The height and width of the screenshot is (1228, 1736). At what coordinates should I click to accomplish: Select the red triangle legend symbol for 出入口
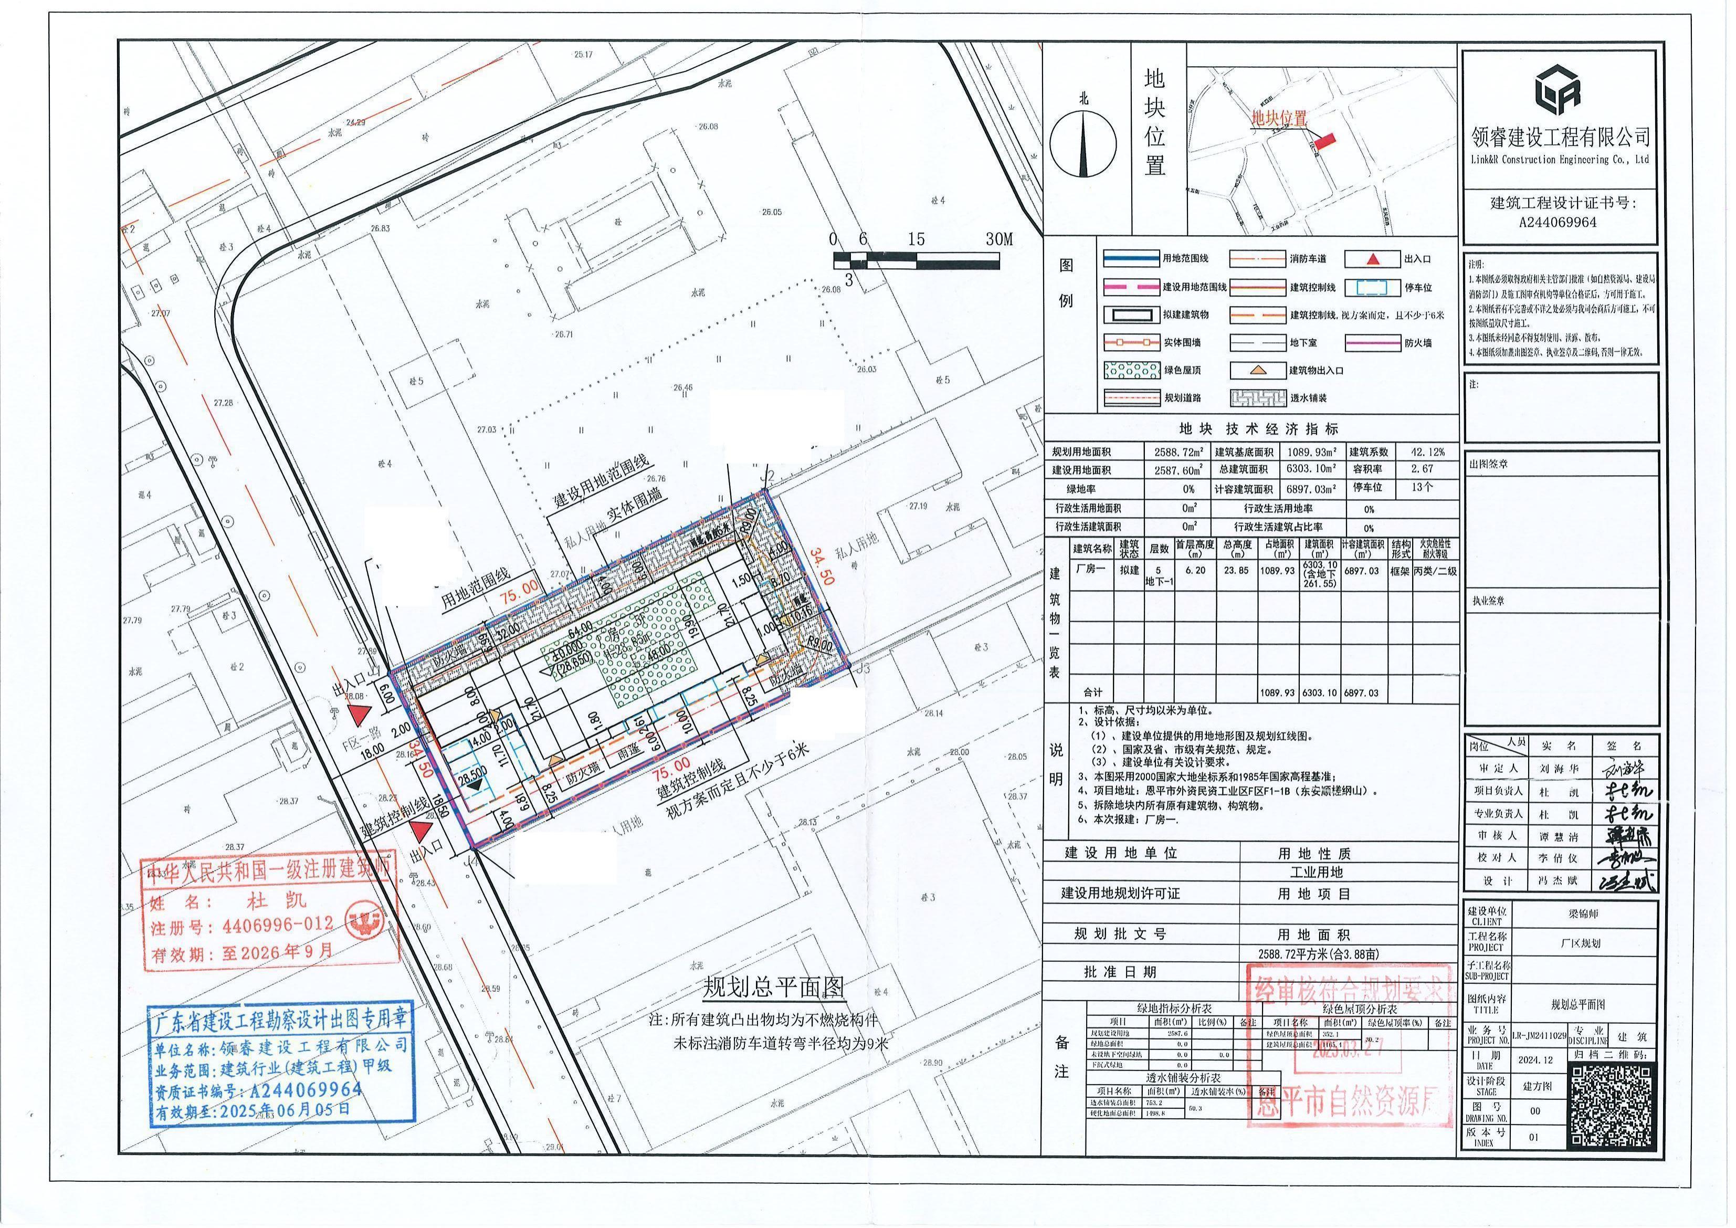(1374, 259)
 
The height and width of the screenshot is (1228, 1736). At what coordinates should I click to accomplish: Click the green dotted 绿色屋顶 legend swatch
(1132, 371)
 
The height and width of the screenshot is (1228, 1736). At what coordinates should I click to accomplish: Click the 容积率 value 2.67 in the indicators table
(1422, 469)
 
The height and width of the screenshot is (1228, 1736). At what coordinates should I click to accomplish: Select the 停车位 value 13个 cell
(1422, 488)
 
